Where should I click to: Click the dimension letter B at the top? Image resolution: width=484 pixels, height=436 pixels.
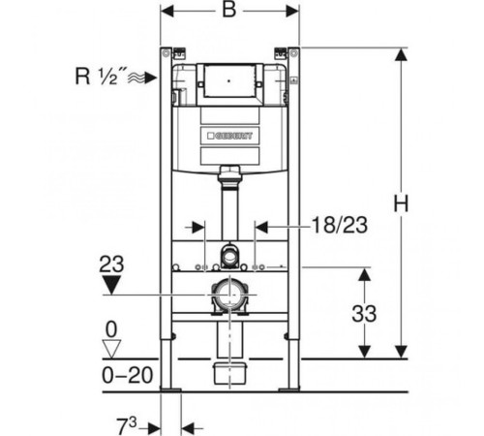229,10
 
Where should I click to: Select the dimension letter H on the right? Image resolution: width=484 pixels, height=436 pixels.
401,203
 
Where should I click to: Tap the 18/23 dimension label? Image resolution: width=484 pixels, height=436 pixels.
340,225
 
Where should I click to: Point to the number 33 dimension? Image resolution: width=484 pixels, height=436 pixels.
364,314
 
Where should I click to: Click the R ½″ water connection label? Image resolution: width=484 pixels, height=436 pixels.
97,77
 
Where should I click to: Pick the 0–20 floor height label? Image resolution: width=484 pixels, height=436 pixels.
128,375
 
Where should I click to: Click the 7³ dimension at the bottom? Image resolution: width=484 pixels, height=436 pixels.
127,425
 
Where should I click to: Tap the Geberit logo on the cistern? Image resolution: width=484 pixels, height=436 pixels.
229,136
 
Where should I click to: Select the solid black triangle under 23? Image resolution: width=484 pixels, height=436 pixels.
111,285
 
